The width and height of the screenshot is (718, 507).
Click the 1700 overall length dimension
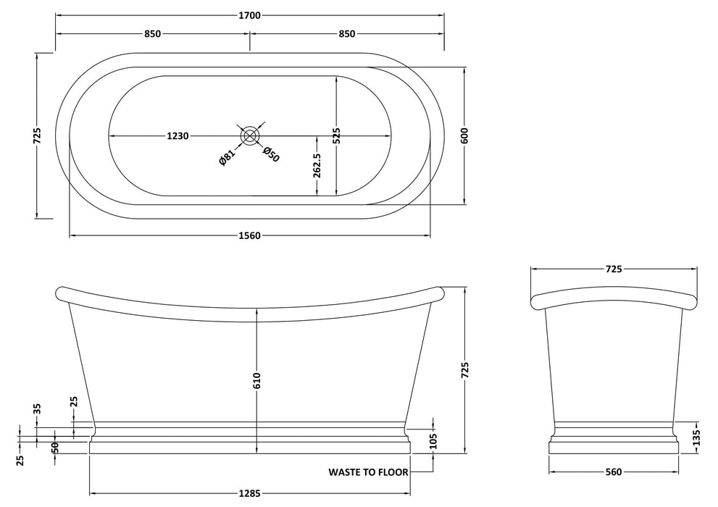point(250,14)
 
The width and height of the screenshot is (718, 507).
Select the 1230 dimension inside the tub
point(178,135)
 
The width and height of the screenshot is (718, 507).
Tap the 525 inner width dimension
point(337,135)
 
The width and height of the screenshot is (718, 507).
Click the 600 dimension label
point(465,135)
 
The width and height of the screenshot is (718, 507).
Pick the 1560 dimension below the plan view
point(249,235)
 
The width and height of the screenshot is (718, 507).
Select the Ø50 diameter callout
point(270,154)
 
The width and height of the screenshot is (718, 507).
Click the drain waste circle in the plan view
point(249,135)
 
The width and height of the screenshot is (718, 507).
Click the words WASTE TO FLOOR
point(368,472)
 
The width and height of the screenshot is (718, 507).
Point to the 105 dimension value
point(433,441)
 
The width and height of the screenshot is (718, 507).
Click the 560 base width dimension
point(613,472)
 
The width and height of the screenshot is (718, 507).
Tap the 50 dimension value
point(55,447)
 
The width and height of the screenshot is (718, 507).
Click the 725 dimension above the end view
point(613,269)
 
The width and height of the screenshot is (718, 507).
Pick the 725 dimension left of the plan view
point(37,135)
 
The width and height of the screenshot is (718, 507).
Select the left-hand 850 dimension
point(152,34)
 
